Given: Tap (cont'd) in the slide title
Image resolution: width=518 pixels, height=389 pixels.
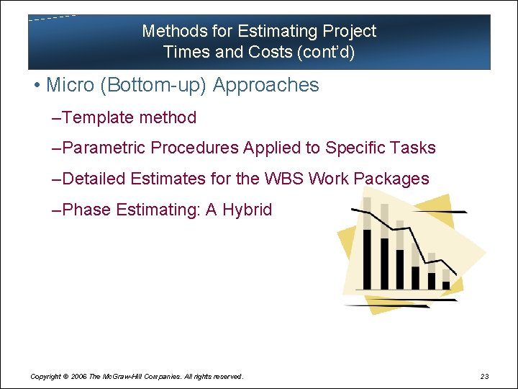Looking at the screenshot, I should [x=331, y=52].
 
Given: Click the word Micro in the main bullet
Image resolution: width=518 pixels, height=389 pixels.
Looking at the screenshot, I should [x=71, y=85].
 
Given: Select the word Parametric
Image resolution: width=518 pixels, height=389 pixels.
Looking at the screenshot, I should [x=104, y=148].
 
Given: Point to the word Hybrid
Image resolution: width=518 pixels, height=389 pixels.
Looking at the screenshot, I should [x=247, y=210].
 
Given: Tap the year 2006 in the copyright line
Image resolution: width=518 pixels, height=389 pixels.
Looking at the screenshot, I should [x=80, y=376].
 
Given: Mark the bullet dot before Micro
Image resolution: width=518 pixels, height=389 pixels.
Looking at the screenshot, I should [x=35, y=86].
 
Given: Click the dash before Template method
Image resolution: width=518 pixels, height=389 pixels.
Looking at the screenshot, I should [x=58, y=117].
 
